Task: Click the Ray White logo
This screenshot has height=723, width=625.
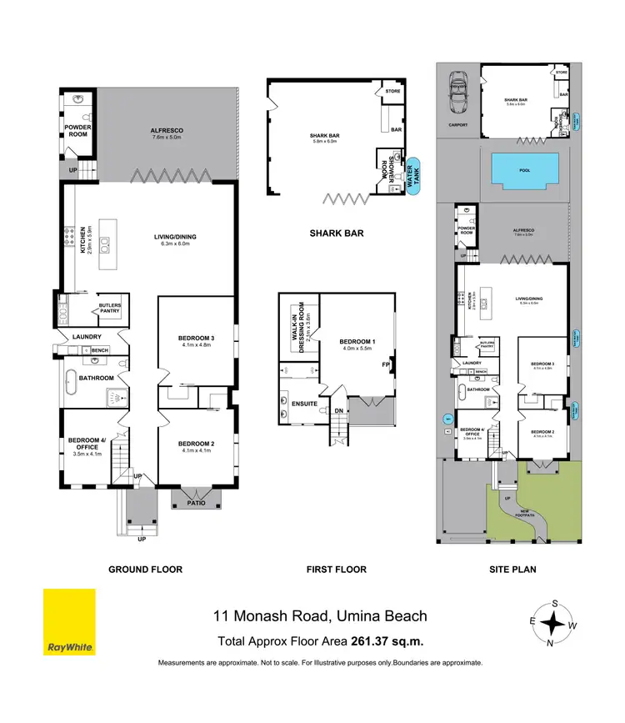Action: pyautogui.click(x=69, y=622)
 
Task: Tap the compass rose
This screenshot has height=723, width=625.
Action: pyautogui.click(x=551, y=622)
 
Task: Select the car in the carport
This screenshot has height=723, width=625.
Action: pyautogui.click(x=458, y=91)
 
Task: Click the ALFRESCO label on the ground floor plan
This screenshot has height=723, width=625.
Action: pyautogui.click(x=167, y=131)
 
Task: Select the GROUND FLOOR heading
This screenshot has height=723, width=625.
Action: pyautogui.click(x=145, y=570)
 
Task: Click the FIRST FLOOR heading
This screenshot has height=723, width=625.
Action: pyautogui.click(x=336, y=570)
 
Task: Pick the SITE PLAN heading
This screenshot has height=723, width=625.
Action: pyautogui.click(x=512, y=570)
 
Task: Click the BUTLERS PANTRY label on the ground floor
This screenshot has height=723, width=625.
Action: pyautogui.click(x=110, y=309)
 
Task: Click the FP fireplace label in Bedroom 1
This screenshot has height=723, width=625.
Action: pyautogui.click(x=386, y=364)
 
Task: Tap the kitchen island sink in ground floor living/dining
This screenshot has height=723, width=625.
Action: pyautogui.click(x=106, y=244)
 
